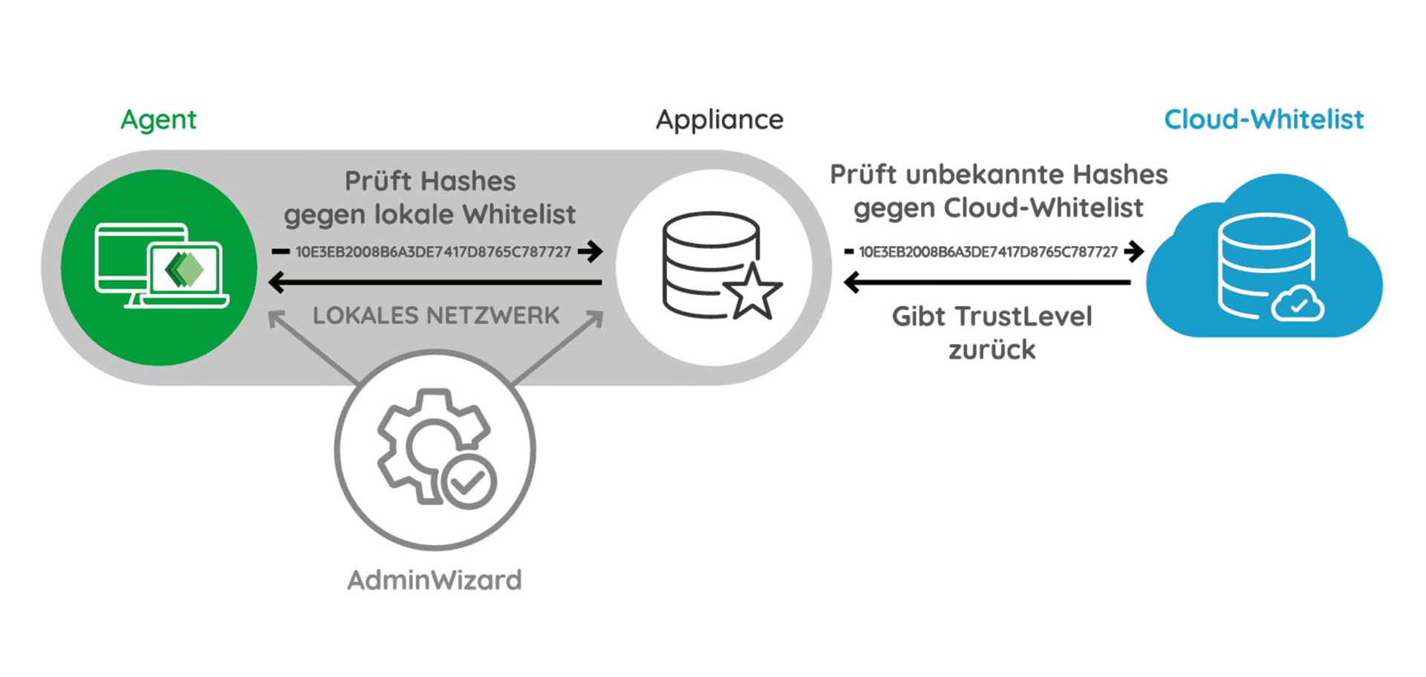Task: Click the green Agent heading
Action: coord(158,120)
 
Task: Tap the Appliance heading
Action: coord(719,120)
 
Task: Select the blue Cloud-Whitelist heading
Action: coord(1263,120)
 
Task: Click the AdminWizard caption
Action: coord(434,580)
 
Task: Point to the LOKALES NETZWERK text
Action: coord(436,316)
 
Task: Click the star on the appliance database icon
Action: coord(753,293)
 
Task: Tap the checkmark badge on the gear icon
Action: coord(469,482)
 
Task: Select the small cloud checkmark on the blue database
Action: coord(1298,305)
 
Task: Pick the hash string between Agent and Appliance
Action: coord(433,252)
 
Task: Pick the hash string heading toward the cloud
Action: coord(988,252)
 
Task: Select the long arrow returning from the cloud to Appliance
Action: coord(988,282)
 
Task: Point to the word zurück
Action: coord(992,350)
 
